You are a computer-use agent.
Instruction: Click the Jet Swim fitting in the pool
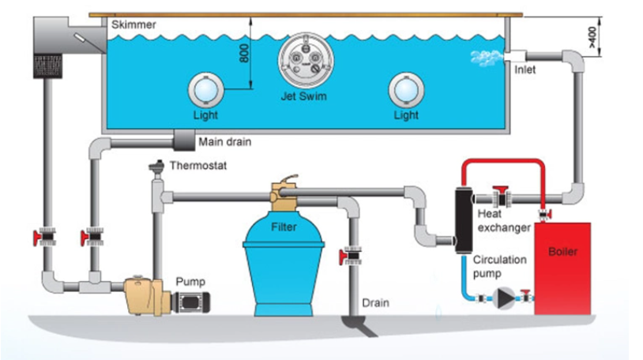pos(306,61)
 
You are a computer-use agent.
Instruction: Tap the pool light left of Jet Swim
pos(206,90)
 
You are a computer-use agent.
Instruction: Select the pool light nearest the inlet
pos(406,90)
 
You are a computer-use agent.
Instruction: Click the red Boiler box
pos(562,268)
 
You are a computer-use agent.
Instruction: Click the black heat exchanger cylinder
pos(464,220)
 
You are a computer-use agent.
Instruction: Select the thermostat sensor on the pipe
pos(156,168)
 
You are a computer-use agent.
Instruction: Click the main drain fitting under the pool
pos(184,141)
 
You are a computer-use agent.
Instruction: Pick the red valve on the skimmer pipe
pos(45,237)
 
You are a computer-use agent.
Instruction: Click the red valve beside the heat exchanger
pos(501,197)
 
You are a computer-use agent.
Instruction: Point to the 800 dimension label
pos(244,54)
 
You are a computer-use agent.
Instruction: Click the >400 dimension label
pos(592,37)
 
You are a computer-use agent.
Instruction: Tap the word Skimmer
pos(133,24)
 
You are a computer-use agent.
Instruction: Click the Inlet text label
pos(525,69)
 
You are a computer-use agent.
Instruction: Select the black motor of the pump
pos(190,302)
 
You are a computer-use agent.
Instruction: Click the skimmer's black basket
pos(47,66)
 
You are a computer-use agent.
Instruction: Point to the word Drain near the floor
pos(375,303)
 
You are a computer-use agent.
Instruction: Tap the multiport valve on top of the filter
pos(284,193)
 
